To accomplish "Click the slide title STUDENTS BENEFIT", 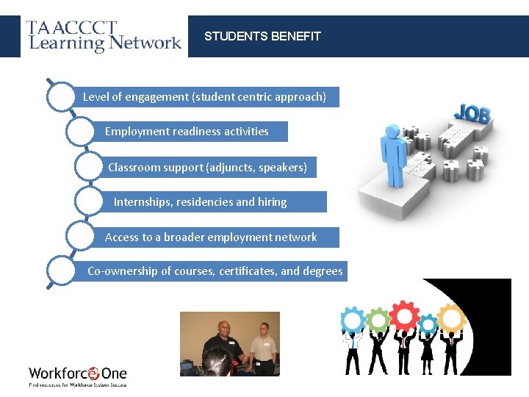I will point(262,36).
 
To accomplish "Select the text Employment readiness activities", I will point(187,132).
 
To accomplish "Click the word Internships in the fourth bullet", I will point(143,202).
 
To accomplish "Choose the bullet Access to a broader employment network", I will point(211,237).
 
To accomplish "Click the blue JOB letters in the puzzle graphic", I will point(472,114).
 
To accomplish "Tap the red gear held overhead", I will point(403,315).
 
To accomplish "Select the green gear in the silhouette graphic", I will point(378,321).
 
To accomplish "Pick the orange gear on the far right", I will point(451,318).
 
